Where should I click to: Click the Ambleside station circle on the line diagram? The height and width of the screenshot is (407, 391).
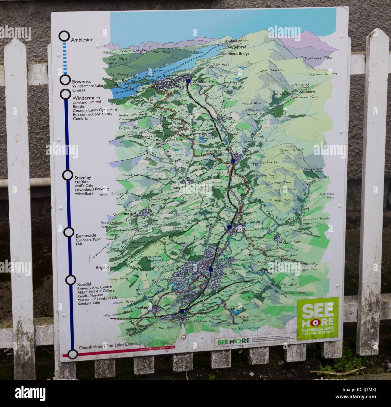coord(64,36)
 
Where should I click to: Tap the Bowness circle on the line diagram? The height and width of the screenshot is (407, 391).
coord(65,80)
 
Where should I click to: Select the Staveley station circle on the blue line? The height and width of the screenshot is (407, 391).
coord(67,175)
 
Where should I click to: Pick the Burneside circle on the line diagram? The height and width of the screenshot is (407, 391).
coord(69,232)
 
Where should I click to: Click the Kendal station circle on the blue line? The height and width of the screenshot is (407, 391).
coord(70,280)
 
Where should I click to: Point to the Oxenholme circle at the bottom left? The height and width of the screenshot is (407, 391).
coord(72,354)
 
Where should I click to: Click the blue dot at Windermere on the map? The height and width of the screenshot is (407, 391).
coord(188,81)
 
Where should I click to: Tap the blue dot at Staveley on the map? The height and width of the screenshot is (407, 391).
coord(233,161)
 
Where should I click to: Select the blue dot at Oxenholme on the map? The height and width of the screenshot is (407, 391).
coord(182,311)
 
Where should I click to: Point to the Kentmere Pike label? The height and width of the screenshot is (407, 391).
coord(317,58)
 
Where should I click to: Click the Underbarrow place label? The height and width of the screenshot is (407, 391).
coord(124,214)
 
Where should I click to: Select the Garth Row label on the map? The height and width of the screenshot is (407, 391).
coord(292,242)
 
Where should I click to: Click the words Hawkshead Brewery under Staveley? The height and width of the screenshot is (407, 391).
coord(91,189)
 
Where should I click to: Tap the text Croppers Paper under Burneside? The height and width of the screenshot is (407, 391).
coord(88,239)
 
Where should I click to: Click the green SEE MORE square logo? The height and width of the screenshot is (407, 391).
coord(318,318)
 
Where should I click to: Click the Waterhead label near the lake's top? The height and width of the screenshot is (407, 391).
coord(237,47)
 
